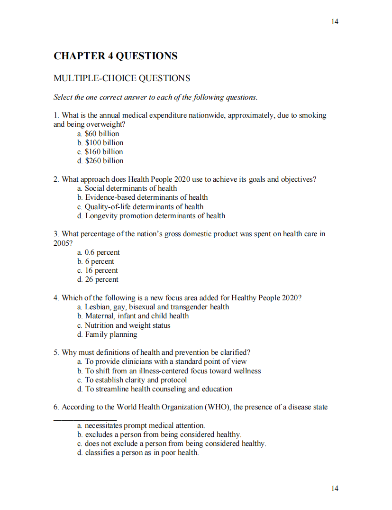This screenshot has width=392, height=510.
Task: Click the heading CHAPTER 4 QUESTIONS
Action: [116, 56]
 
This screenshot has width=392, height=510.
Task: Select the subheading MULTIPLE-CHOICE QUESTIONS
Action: [122, 78]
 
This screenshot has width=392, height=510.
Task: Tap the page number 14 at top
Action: [335, 21]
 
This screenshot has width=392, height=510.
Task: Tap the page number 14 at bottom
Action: [335, 489]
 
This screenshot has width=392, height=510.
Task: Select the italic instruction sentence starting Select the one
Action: [155, 97]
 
